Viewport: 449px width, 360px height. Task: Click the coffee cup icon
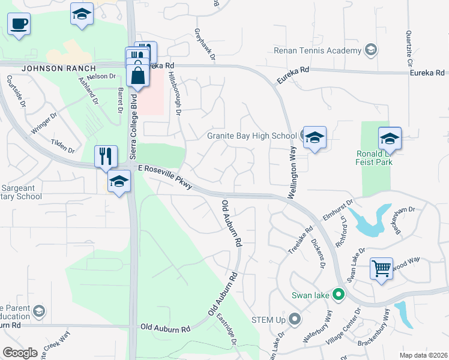tap(19, 24)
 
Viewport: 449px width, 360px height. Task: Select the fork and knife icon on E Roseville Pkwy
tap(106, 156)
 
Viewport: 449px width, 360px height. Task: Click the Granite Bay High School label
tap(252, 136)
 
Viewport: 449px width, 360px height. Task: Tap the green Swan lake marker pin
tap(338, 295)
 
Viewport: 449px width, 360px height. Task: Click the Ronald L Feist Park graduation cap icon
tap(390, 138)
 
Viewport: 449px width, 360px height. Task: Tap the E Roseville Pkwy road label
tap(165, 178)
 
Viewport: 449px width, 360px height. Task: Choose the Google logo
tap(20, 353)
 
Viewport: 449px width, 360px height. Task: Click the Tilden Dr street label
tap(63, 146)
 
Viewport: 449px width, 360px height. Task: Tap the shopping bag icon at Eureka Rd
tap(138, 76)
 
